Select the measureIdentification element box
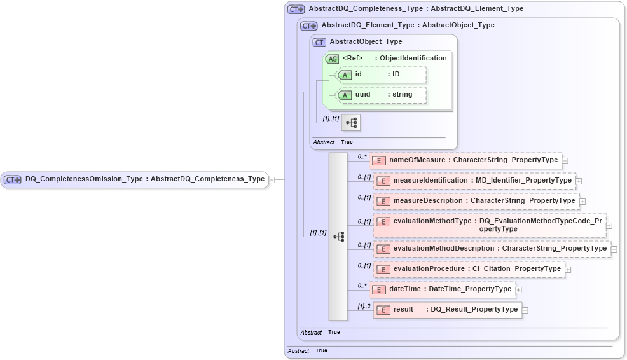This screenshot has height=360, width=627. [x=474, y=181]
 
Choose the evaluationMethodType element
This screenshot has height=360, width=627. [x=489, y=225]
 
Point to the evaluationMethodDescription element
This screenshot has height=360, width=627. [x=492, y=249]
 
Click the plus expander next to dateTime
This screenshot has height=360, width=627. [x=519, y=290]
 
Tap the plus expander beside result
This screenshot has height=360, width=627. [x=525, y=310]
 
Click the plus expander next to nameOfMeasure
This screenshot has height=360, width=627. [x=565, y=161]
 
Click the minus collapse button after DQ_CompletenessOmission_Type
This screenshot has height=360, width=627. [x=272, y=179]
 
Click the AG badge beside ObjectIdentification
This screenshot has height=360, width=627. [x=332, y=59]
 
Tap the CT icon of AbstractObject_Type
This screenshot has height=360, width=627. [x=319, y=42]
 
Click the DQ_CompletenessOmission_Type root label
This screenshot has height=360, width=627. [x=144, y=179]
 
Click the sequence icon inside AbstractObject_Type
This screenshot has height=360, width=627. [x=350, y=122]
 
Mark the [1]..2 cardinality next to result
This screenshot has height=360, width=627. [x=364, y=307]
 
